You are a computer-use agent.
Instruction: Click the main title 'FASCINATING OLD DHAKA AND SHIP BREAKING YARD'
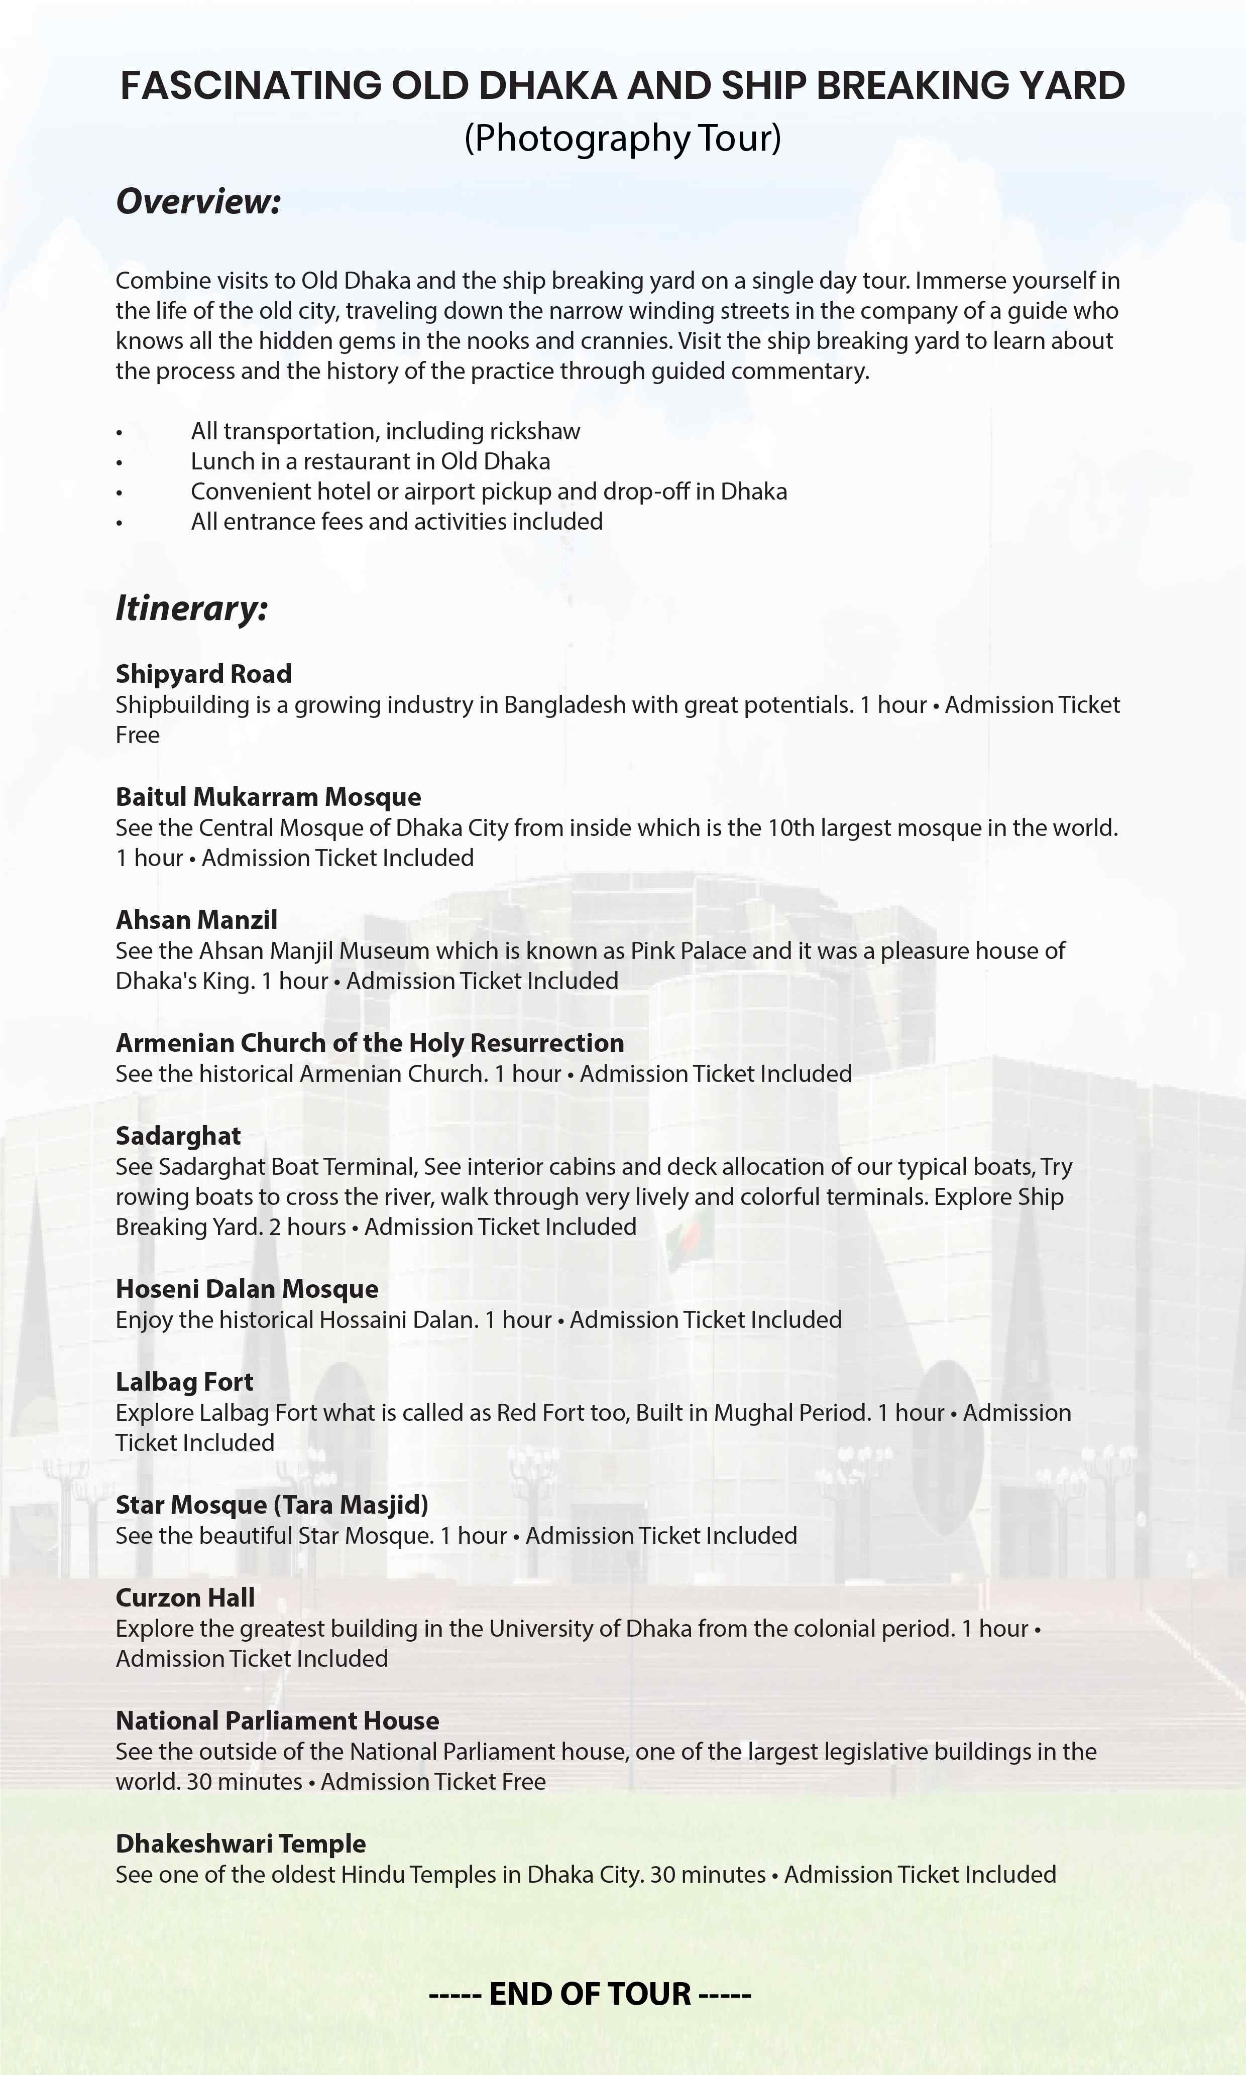pos(622,86)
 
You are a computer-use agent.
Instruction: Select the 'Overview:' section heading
pos(198,201)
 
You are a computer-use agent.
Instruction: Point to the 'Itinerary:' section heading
pos(191,607)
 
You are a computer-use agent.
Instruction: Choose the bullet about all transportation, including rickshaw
pos(385,431)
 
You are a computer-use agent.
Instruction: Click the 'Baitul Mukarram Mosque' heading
pos(269,797)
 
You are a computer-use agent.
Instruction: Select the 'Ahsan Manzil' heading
pos(196,919)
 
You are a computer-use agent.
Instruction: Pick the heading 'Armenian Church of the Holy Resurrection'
pos(370,1043)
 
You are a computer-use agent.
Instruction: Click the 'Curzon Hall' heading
pos(185,1598)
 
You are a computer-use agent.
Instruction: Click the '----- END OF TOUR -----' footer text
pos(590,1994)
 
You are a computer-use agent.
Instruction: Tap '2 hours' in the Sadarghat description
pos(307,1227)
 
